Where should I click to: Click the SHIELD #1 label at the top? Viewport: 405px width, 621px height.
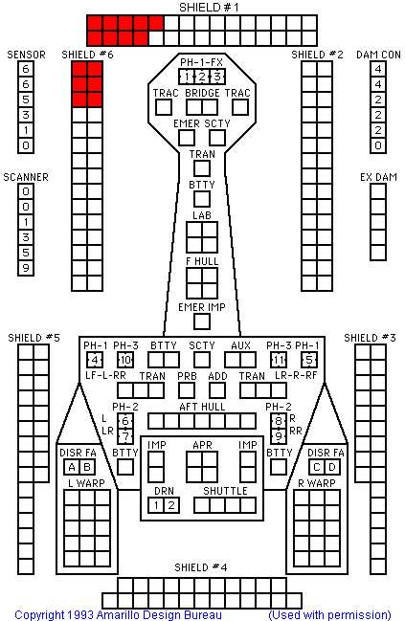[209, 8]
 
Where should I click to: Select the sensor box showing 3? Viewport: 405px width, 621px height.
[26, 115]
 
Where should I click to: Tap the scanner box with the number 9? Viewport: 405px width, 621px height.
[26, 268]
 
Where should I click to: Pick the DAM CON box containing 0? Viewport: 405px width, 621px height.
[378, 145]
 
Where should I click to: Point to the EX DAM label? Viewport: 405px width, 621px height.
[378, 177]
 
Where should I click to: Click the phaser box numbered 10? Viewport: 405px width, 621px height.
[125, 360]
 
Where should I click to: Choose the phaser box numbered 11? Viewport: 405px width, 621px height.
[279, 360]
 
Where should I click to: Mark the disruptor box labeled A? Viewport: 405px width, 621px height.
[72, 467]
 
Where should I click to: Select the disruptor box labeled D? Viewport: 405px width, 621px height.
[332, 467]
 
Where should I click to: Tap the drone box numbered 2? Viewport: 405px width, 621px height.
[171, 505]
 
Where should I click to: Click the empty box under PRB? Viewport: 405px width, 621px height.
[187, 390]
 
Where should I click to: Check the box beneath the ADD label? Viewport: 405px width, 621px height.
[217, 390]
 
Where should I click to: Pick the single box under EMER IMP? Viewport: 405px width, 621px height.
[202, 322]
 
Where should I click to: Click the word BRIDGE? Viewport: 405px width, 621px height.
[202, 93]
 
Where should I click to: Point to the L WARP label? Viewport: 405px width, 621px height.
[86, 483]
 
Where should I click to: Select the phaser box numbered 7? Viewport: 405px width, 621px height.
[125, 436]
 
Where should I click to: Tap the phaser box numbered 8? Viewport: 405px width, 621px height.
[279, 421]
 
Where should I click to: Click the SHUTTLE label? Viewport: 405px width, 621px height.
[225, 491]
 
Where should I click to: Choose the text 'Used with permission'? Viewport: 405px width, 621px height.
[329, 614]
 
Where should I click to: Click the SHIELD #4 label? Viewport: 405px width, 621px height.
[201, 567]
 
